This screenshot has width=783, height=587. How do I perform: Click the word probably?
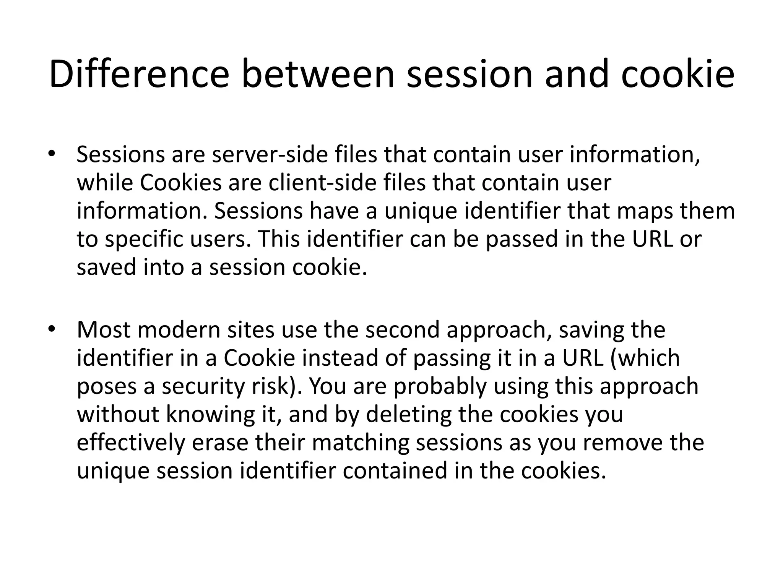coord(440,386)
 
